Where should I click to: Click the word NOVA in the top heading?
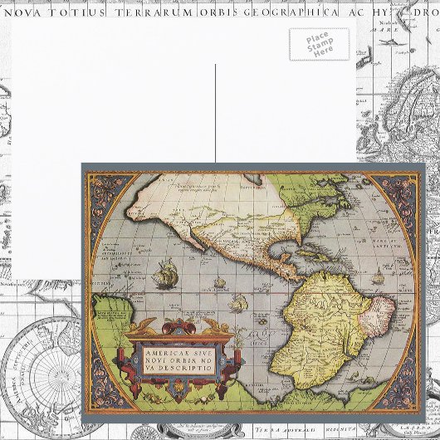click(x=27, y=12)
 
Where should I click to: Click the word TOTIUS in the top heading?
click(x=82, y=12)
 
